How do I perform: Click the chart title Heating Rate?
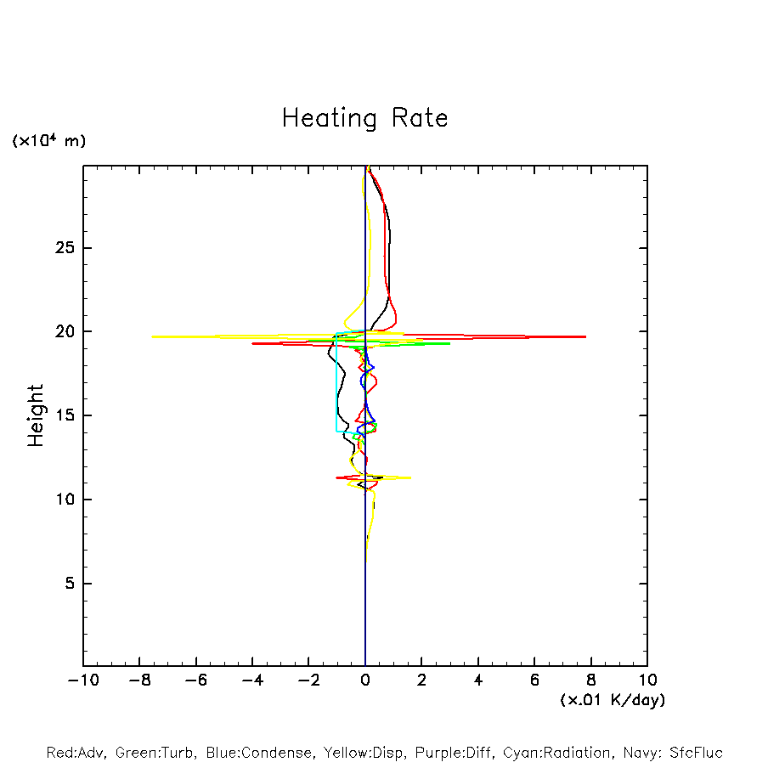(364, 118)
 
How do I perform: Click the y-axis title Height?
(35, 415)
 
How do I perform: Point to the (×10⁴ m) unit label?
(48, 141)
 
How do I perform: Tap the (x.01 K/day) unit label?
(612, 700)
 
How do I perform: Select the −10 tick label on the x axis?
(82, 680)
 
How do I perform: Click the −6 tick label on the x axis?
(195, 680)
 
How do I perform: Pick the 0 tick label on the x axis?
(365, 680)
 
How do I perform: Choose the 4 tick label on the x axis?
(478, 680)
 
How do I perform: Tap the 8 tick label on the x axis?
(591, 680)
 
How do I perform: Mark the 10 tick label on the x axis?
(647, 680)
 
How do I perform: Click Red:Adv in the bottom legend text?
(75, 753)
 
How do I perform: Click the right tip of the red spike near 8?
(585, 337)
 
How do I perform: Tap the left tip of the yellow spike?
(153, 336)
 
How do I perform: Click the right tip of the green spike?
(449, 343)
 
